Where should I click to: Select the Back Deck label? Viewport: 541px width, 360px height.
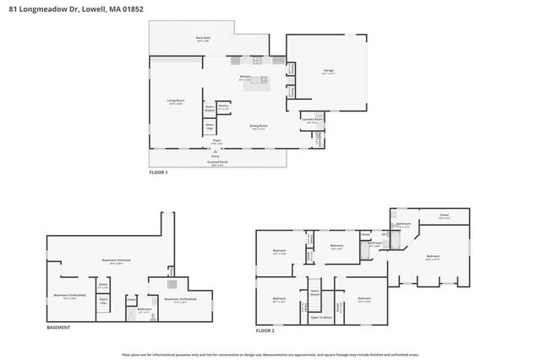pos(203,39)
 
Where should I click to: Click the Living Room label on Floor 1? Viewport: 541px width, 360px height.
pos(176,101)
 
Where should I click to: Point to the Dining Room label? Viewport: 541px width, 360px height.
pos(259,127)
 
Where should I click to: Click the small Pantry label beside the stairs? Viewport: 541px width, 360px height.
pos(224,107)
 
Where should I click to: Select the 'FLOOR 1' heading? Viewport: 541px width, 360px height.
pos(159,172)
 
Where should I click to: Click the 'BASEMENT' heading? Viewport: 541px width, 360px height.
pos(58,327)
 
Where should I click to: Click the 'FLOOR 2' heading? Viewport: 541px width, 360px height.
pos(266,330)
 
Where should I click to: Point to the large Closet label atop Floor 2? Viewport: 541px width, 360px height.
pos(444,217)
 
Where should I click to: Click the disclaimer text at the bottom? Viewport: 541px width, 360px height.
pos(270,354)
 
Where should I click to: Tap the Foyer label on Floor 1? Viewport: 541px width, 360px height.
pos(216,141)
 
